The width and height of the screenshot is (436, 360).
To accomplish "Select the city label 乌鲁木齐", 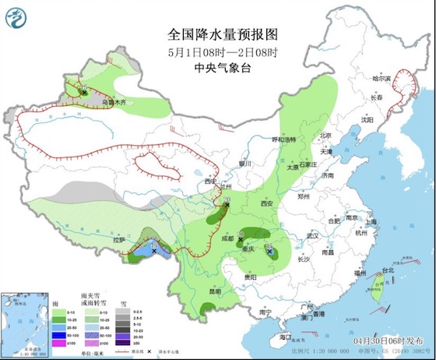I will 114,101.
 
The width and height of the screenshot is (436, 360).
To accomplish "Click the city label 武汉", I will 314,235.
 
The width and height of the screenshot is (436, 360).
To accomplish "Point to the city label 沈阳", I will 367,121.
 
